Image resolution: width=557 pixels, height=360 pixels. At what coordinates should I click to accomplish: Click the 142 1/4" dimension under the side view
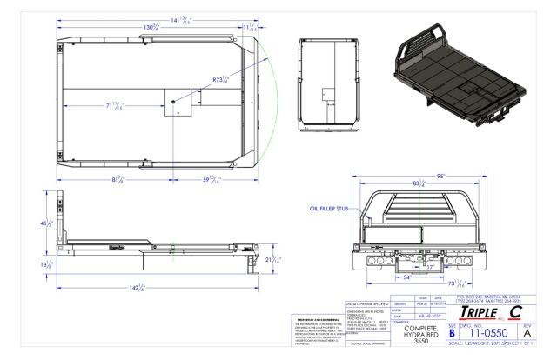138,288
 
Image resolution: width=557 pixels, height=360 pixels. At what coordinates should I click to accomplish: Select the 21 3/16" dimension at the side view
270,259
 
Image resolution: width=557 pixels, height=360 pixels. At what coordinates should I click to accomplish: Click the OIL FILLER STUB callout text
330,209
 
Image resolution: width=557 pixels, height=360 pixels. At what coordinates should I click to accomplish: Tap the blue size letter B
452,332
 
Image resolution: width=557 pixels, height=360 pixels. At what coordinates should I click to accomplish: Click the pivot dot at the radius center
172,102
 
